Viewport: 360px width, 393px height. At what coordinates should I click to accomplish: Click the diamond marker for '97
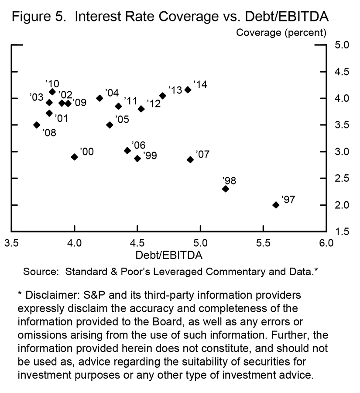point(275,205)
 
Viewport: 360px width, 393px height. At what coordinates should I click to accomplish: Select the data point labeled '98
point(225,189)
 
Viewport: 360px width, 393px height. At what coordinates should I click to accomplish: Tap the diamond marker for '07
point(190,159)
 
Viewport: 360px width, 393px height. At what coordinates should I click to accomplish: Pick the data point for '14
point(188,90)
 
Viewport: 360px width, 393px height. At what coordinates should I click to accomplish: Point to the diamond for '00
point(74,157)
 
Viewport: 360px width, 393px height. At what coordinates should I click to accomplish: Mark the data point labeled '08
point(37,125)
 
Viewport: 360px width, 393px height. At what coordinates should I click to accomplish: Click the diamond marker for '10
point(52,92)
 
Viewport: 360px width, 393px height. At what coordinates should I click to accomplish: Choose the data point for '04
point(99,98)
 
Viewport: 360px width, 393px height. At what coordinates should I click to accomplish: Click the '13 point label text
point(175,90)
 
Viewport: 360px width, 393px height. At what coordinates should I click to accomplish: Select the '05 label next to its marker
point(121,119)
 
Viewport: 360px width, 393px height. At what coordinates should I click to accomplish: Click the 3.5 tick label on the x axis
point(12,242)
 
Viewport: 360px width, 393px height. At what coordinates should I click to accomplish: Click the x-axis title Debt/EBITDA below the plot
point(168,254)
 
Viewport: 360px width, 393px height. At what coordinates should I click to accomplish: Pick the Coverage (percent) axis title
point(281,32)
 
